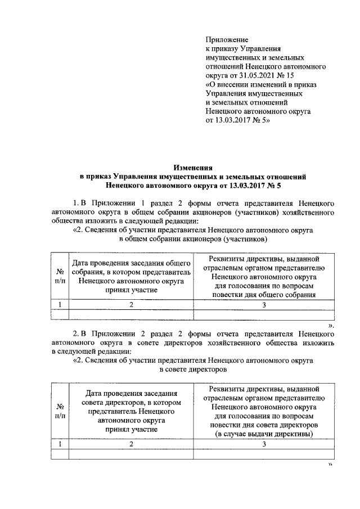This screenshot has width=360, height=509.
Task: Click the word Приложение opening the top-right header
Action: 227,40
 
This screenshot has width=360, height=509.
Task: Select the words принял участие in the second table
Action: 130,429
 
